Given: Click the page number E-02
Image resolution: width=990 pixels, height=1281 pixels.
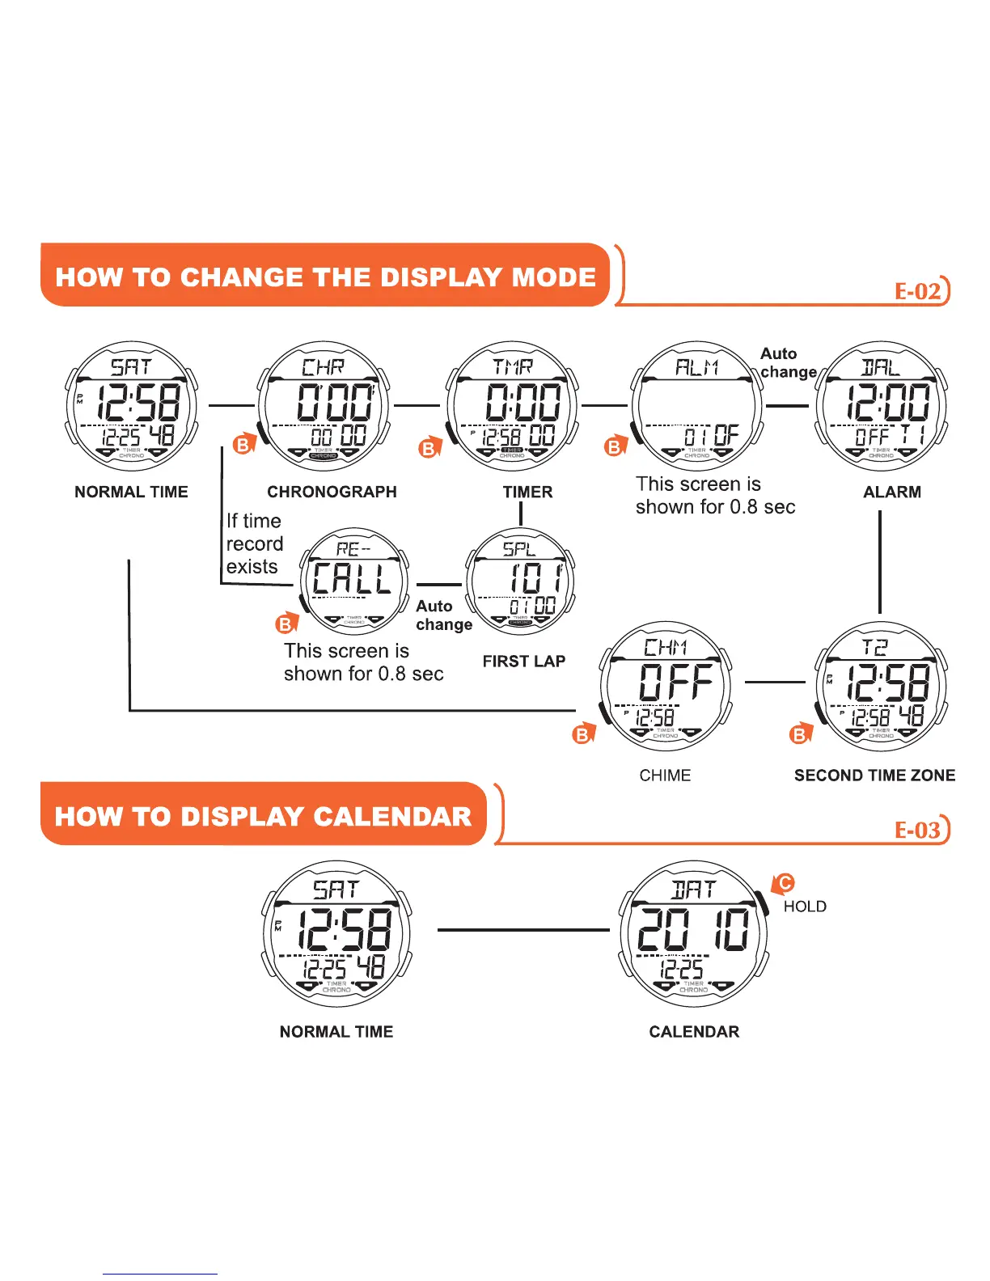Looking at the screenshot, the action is (x=918, y=291).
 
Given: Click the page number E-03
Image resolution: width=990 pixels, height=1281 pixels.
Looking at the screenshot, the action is (x=918, y=830).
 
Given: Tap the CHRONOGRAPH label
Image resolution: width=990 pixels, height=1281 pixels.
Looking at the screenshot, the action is (x=332, y=492).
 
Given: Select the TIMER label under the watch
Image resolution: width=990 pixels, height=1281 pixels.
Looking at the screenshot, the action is (x=527, y=492).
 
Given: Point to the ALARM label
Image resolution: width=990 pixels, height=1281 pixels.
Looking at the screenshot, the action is (x=892, y=492).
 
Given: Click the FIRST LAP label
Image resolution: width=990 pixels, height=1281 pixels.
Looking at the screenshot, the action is (x=523, y=662).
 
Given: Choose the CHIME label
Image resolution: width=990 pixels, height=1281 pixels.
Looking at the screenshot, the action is (x=665, y=776).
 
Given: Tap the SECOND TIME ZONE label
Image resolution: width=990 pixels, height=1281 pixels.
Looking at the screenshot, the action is (x=874, y=776).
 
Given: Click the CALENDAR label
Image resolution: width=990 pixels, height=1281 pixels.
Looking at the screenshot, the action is (x=694, y=1032).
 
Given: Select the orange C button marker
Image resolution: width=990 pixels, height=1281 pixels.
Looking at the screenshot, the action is (x=784, y=883).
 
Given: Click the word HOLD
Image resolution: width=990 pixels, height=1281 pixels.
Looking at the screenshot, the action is (x=805, y=907).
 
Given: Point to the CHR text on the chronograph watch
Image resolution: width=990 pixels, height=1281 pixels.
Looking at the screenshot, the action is (x=324, y=368).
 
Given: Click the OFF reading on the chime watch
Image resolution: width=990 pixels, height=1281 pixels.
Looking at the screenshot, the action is (x=676, y=682).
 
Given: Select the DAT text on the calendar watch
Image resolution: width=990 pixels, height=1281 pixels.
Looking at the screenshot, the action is (x=694, y=890).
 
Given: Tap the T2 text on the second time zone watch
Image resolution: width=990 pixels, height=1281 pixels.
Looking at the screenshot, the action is (x=874, y=647).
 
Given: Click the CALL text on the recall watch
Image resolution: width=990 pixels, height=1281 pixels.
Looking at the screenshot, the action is (x=352, y=579).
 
